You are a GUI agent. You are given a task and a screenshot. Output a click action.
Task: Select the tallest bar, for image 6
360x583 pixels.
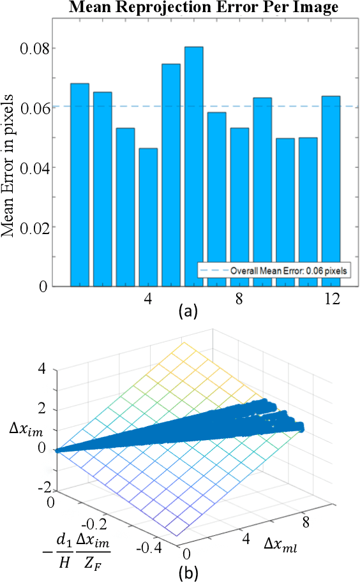(193, 166)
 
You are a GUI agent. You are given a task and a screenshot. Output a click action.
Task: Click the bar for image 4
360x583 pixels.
(148, 217)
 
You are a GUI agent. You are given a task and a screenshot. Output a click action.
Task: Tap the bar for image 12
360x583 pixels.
(331, 191)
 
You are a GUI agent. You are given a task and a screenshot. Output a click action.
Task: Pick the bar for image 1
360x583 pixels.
(79, 184)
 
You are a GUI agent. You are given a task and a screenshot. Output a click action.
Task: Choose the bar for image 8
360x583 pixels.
(239, 207)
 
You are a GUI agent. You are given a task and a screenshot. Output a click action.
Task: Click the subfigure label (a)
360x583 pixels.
(190, 312)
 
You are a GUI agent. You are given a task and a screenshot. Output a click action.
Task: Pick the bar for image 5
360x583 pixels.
(170, 175)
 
